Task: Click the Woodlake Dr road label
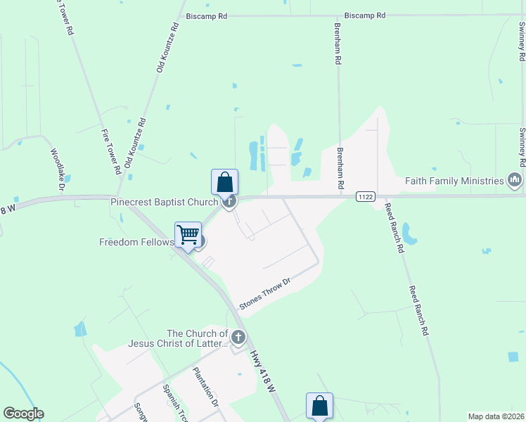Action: click(x=57, y=169)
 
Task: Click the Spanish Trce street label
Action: click(x=172, y=402)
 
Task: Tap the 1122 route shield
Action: click(x=364, y=196)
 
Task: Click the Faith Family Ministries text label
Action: click(x=454, y=181)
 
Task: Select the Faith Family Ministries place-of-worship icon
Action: click(x=515, y=181)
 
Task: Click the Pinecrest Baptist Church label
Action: click(x=164, y=203)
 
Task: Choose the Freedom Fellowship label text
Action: click(x=136, y=242)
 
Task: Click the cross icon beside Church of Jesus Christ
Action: click(x=238, y=338)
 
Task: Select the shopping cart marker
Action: click(x=188, y=234)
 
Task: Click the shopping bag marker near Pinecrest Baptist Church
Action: click(x=224, y=182)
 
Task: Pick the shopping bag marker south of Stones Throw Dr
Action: click(x=319, y=405)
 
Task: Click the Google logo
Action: click(x=24, y=414)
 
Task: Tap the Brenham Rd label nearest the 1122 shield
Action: click(x=340, y=169)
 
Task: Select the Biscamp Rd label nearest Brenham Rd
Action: click(x=365, y=15)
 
